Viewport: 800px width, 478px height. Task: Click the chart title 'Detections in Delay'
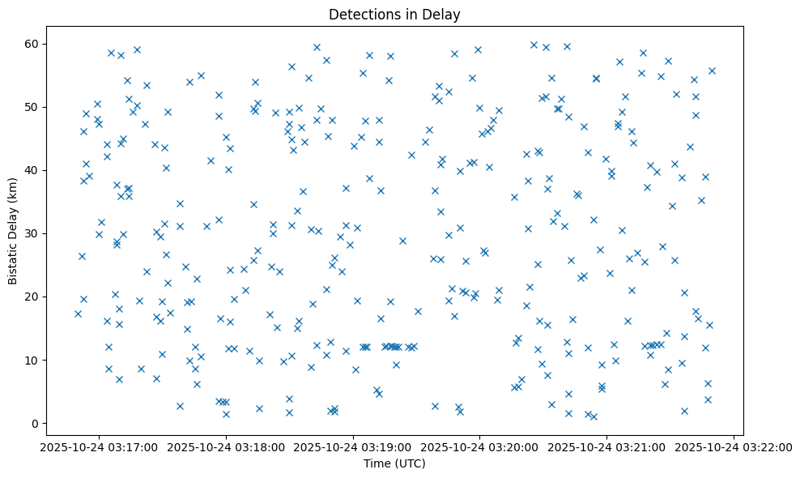point(394,14)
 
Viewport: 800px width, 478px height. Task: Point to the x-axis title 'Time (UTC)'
point(394,463)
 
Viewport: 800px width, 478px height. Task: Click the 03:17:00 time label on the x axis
point(100,446)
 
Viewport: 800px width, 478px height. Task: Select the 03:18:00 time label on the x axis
point(227,446)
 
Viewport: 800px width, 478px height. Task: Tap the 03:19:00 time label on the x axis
point(353,446)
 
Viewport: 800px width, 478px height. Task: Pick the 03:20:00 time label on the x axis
point(480,446)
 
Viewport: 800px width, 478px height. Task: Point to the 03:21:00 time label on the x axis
point(607,446)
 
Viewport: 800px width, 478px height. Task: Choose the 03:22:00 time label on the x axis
point(734,446)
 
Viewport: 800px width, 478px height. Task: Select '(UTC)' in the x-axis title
point(411,463)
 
